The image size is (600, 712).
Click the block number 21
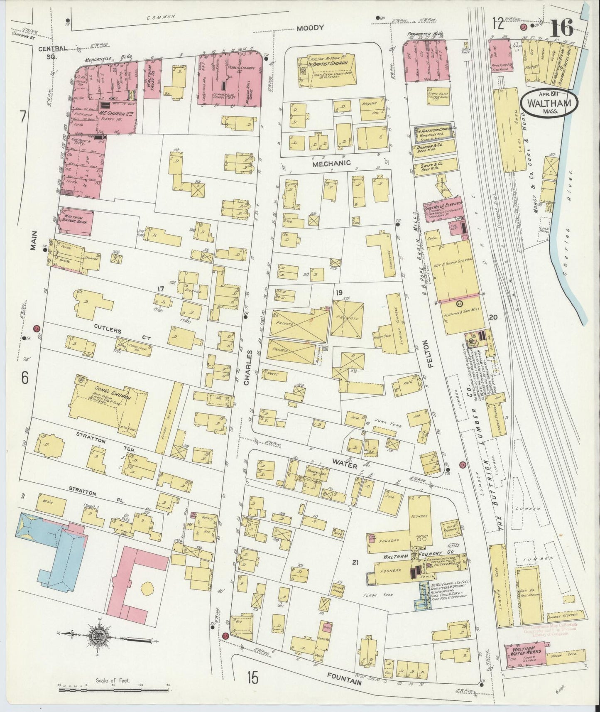tap(355, 563)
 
